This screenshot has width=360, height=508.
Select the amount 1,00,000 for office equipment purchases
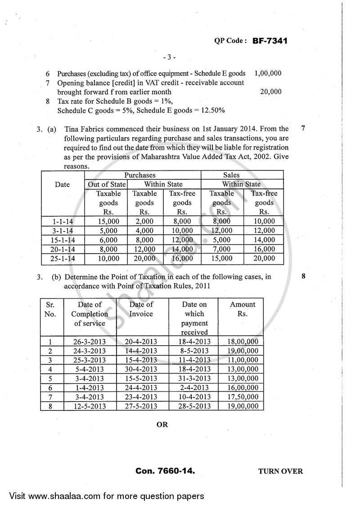click(x=268, y=73)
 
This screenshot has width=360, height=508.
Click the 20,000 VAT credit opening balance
click(x=271, y=92)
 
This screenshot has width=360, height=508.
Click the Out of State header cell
click(x=105, y=184)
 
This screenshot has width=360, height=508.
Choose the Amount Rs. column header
click(x=242, y=309)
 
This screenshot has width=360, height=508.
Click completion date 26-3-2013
click(x=89, y=341)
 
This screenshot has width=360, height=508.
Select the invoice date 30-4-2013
click(x=142, y=369)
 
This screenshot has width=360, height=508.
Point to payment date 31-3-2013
click(x=194, y=379)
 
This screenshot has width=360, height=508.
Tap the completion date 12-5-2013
click(x=89, y=406)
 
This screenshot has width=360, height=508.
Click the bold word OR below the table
click(x=162, y=424)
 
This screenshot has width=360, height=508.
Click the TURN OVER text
click(x=280, y=472)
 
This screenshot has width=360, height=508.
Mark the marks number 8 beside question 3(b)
click(x=303, y=277)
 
